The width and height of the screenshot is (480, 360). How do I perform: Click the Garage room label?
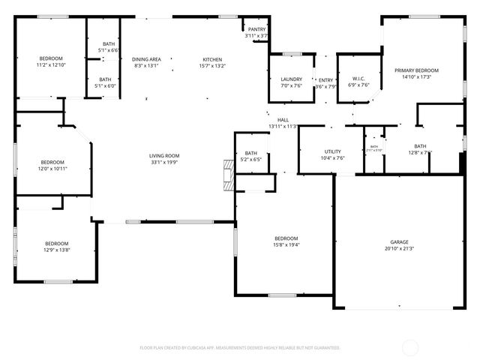(x=399, y=242)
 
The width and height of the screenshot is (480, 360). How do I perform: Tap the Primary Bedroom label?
(x=416, y=70)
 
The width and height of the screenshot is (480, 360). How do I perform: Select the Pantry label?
(x=256, y=29)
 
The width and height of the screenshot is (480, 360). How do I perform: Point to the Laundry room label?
(x=291, y=79)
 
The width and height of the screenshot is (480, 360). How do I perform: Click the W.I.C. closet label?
(x=358, y=79)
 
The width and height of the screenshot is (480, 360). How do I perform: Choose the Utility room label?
(x=333, y=151)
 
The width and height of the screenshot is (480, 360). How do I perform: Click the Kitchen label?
(x=212, y=59)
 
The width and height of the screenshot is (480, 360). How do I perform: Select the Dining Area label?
(x=146, y=59)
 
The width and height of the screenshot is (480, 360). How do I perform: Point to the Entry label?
(x=325, y=80)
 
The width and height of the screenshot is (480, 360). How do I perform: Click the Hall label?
(x=283, y=120)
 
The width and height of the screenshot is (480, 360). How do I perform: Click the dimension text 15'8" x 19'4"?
(x=286, y=244)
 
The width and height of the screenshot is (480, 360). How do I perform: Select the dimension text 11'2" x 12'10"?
(x=51, y=65)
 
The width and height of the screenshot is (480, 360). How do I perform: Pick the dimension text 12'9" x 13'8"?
(x=56, y=249)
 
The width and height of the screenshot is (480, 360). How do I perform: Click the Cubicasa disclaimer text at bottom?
(x=240, y=348)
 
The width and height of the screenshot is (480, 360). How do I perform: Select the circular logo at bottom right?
(x=410, y=347)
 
